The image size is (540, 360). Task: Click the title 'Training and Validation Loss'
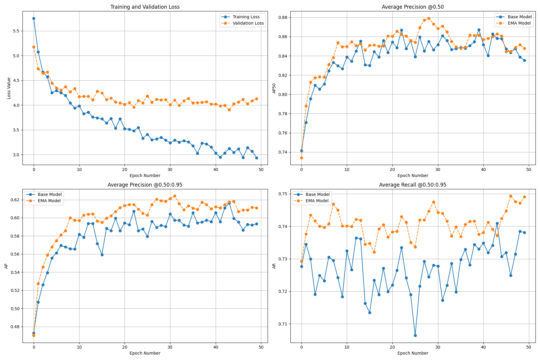[145, 7]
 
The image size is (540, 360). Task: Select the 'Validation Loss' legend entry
[248, 23]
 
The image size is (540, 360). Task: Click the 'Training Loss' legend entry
[246, 17]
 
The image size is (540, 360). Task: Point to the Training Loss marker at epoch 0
[34, 18]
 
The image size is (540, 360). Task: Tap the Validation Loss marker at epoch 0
[34, 47]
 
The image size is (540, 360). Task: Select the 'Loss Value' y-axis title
[9, 88]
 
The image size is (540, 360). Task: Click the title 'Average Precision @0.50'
[412, 7]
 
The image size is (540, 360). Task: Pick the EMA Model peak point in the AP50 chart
[429, 18]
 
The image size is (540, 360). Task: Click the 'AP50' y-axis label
[274, 88]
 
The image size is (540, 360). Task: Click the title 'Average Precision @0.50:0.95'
[145, 185]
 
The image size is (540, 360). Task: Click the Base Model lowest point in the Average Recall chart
[415, 335]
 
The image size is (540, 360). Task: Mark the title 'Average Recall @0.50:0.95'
[412, 185]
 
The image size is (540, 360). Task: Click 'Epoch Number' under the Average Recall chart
[412, 353]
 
